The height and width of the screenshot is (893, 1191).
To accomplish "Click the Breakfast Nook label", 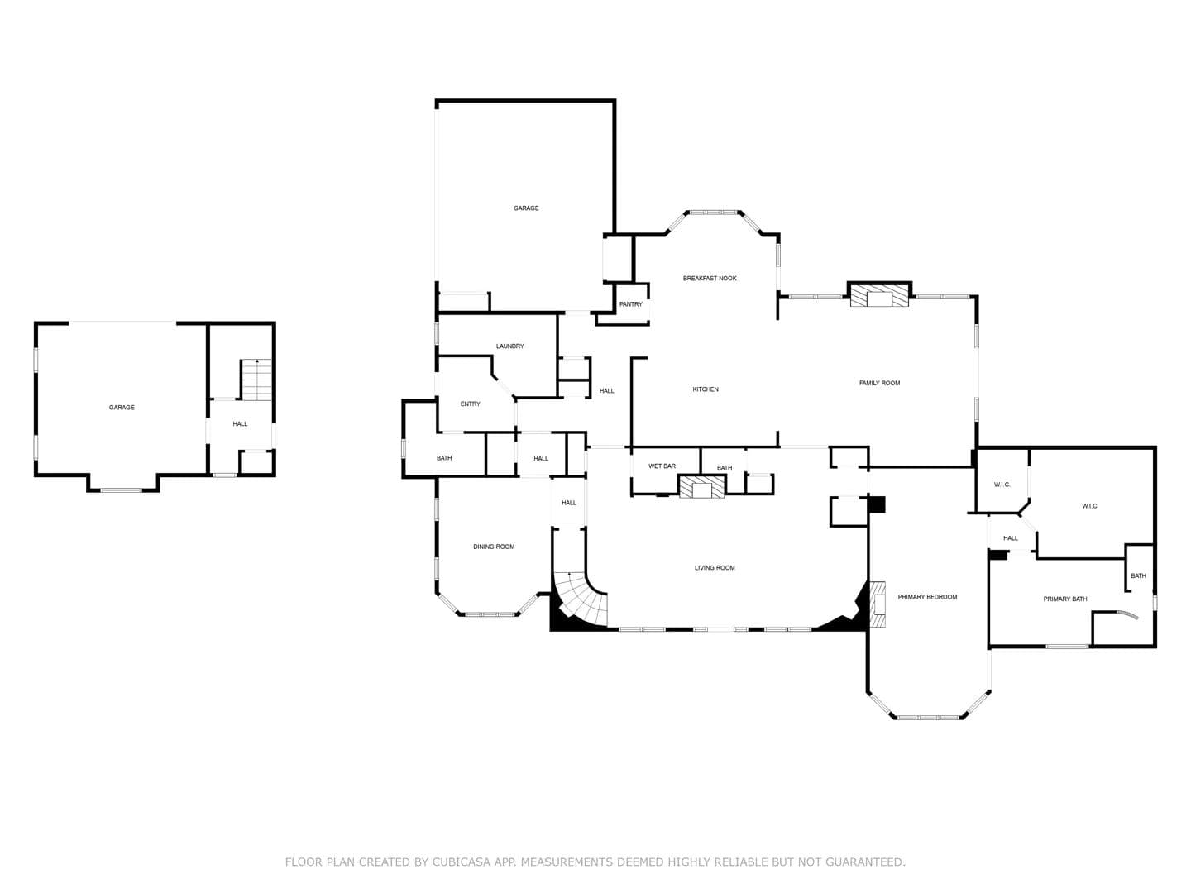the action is click(709, 278).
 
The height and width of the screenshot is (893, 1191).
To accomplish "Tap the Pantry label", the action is click(630, 304).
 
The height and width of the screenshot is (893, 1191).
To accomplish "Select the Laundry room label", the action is click(509, 346).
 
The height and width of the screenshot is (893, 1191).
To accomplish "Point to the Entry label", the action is click(470, 404).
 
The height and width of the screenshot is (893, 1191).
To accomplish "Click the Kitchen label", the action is click(706, 389).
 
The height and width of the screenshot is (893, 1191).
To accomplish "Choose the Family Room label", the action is click(879, 383).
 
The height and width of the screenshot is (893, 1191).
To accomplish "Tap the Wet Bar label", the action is click(662, 466).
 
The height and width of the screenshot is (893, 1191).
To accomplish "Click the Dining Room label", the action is click(494, 547).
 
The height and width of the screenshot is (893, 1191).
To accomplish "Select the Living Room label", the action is click(715, 568).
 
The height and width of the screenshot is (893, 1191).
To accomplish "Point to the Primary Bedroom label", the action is click(927, 597).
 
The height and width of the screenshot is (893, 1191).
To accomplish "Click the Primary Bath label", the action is click(1065, 599).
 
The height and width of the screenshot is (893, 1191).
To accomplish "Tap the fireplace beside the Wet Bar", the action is click(701, 486).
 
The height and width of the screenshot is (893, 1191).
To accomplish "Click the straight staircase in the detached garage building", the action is click(256, 379).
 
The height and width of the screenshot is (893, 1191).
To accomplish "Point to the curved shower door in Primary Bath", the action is click(1124, 615).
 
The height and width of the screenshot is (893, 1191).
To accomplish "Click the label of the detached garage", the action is click(122, 407).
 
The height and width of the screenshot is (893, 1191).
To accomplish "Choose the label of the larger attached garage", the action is click(526, 208).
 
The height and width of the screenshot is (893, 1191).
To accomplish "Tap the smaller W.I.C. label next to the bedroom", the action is click(1002, 485).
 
